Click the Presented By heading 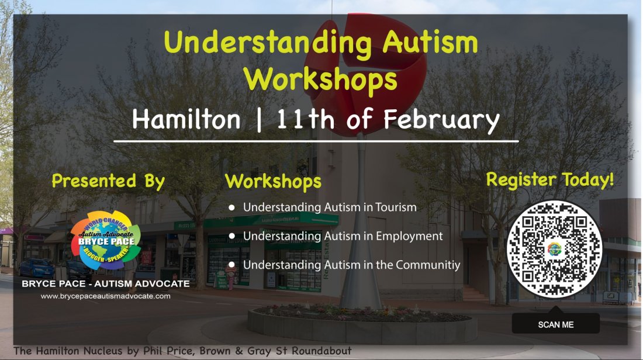click(x=108, y=181)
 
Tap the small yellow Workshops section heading click(x=273, y=181)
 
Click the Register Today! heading click(x=550, y=179)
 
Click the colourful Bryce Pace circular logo click(x=106, y=240)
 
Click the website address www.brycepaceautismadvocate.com click(x=106, y=296)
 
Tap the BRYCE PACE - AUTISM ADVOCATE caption click(x=106, y=284)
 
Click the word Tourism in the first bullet click(x=396, y=207)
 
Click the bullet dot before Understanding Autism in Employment click(x=232, y=236)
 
